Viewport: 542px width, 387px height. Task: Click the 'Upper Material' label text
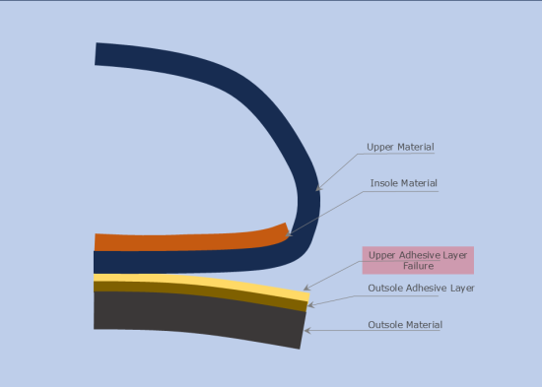(x=400, y=147)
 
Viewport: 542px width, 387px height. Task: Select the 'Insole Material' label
(x=403, y=183)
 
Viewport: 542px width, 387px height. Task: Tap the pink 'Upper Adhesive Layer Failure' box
(x=418, y=260)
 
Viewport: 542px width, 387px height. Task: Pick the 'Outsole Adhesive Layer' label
(x=421, y=288)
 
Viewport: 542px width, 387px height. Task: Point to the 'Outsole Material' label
(x=405, y=324)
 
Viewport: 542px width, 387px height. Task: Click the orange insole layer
(x=177, y=240)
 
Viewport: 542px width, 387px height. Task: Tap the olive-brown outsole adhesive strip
(x=197, y=291)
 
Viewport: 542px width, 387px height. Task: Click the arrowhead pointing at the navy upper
(x=317, y=188)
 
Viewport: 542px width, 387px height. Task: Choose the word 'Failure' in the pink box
(x=418, y=266)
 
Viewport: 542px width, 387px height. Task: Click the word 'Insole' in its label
(x=385, y=183)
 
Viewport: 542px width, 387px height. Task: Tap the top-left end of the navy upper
(x=97, y=54)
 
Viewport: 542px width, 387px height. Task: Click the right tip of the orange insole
(x=287, y=231)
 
